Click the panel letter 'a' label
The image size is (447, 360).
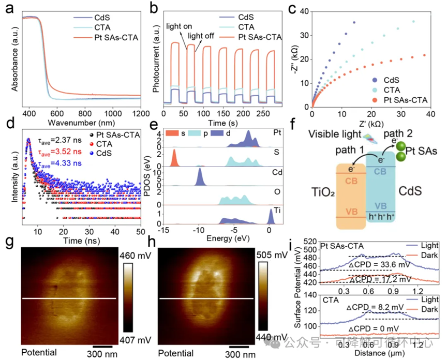(x=9, y=9)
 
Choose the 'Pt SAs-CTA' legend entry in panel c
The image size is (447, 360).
(x=403, y=99)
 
